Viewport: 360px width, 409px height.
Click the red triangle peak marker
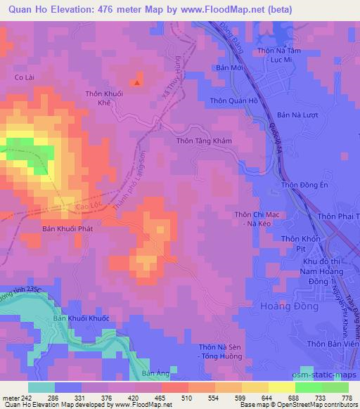(137, 83)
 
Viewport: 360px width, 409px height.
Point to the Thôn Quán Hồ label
(234, 100)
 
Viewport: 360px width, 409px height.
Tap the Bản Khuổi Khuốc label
(82, 318)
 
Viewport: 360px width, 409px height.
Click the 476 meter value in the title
(102, 9)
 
